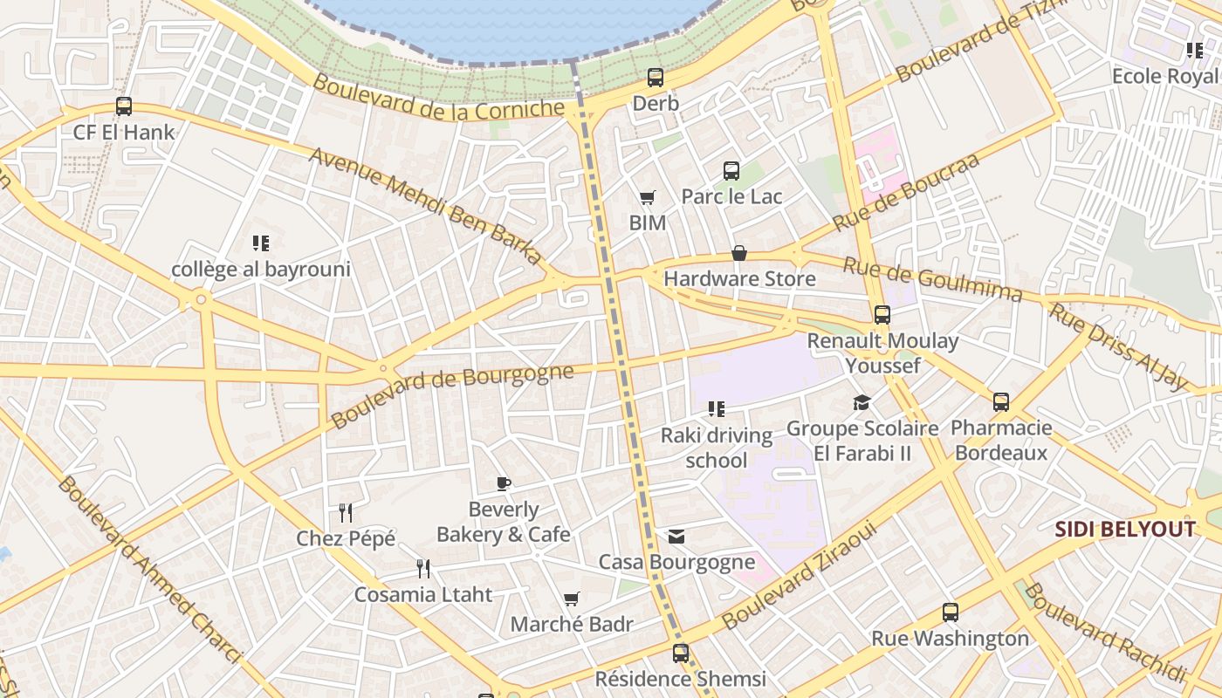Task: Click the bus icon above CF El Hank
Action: tap(124, 106)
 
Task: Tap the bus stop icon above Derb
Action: tap(656, 78)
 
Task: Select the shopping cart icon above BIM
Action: tap(647, 198)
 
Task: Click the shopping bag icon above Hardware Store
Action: tap(739, 253)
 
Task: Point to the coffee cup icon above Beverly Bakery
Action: tap(503, 483)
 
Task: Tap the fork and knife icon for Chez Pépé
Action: tap(346, 512)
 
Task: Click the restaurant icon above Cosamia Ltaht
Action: tap(423, 569)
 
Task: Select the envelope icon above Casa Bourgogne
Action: tap(676, 537)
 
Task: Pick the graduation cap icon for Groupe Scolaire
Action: tap(862, 402)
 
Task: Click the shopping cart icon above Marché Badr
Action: tap(572, 599)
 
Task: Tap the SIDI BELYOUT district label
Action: tap(1124, 530)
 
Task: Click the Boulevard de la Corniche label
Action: tap(439, 97)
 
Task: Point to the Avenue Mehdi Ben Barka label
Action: tap(426, 205)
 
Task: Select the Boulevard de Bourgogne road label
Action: tap(452, 395)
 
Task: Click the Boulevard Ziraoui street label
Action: tap(799, 575)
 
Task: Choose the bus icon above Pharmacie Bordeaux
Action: tap(1000, 402)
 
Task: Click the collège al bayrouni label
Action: tap(260, 270)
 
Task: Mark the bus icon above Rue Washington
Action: tap(951, 612)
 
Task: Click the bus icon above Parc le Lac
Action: tap(731, 171)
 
